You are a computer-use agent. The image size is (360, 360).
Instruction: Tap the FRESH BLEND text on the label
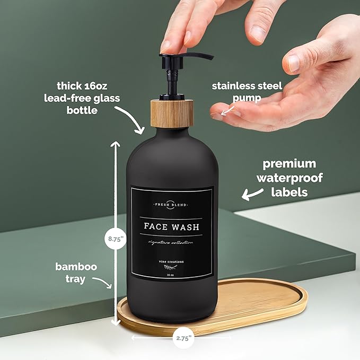(x=171, y=204)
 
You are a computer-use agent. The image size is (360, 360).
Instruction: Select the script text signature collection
(x=171, y=242)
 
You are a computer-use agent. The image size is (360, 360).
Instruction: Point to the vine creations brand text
(x=171, y=262)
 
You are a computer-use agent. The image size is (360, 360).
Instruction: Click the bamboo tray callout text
(x=76, y=273)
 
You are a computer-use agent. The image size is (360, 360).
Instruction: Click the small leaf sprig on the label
(x=171, y=269)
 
